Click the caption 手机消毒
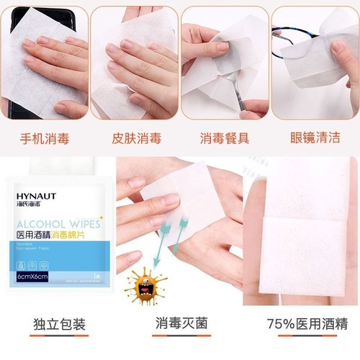(45, 138)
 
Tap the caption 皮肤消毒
(135, 138)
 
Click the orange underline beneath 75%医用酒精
(300, 336)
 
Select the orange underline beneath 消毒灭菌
(179, 336)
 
